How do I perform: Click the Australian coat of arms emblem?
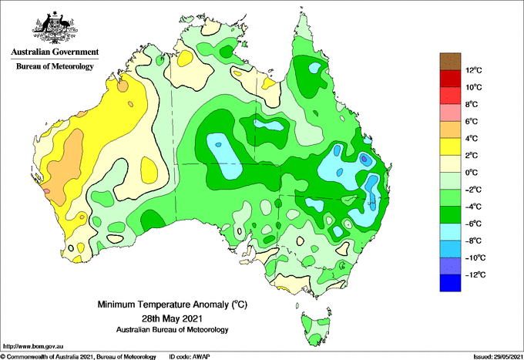tap(55, 28)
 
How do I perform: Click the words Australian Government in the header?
tap(55, 52)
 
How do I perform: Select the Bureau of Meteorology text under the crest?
tap(55, 66)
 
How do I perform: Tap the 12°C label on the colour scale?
tap(474, 70)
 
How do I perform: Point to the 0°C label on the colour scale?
tap(472, 173)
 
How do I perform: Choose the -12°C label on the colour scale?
tap(476, 274)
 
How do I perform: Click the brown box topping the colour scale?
tap(450, 62)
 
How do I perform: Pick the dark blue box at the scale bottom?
tap(450, 283)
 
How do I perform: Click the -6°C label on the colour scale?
tap(473, 224)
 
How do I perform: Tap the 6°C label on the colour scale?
tap(472, 121)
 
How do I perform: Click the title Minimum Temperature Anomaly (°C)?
tap(173, 304)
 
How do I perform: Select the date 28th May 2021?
tap(173, 318)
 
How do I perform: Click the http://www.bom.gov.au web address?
tap(32, 346)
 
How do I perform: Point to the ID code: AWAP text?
tap(190, 357)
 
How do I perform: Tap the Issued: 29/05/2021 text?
tap(498, 357)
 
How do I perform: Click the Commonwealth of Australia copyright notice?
tap(78, 357)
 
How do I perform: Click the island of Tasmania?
tap(317, 328)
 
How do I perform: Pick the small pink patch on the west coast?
tap(46, 191)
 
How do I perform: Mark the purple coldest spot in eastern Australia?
tap(364, 159)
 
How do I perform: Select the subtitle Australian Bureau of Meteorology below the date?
tap(173, 330)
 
